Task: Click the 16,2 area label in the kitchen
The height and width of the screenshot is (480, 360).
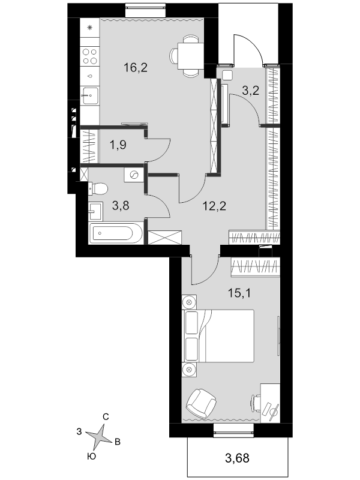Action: pos(136,67)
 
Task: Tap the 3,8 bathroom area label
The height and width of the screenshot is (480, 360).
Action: pos(121,206)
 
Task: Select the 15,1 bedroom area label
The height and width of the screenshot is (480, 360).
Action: pos(239,293)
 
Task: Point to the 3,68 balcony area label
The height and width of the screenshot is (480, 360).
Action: pos(237,458)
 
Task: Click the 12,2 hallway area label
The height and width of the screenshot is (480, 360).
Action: pos(214,206)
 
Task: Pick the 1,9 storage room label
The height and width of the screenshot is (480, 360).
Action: pos(118,145)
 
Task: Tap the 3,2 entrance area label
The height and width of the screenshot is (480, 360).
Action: pos(251,91)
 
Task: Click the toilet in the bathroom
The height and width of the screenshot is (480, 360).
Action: pos(98,188)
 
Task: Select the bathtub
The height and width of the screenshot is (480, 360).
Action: pos(116,233)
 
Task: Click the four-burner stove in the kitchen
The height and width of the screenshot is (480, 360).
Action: pos(90,56)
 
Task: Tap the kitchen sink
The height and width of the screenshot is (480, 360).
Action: pos(90,96)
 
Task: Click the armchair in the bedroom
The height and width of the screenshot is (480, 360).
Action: pos(202,402)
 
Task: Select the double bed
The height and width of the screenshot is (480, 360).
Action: pos(218,336)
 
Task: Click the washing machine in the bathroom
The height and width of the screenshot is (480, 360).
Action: pos(134,175)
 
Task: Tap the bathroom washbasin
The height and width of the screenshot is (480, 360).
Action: pos(95,211)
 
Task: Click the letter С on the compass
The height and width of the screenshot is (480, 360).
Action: pos(106,416)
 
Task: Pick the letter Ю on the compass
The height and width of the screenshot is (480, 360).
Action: pos(92,457)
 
